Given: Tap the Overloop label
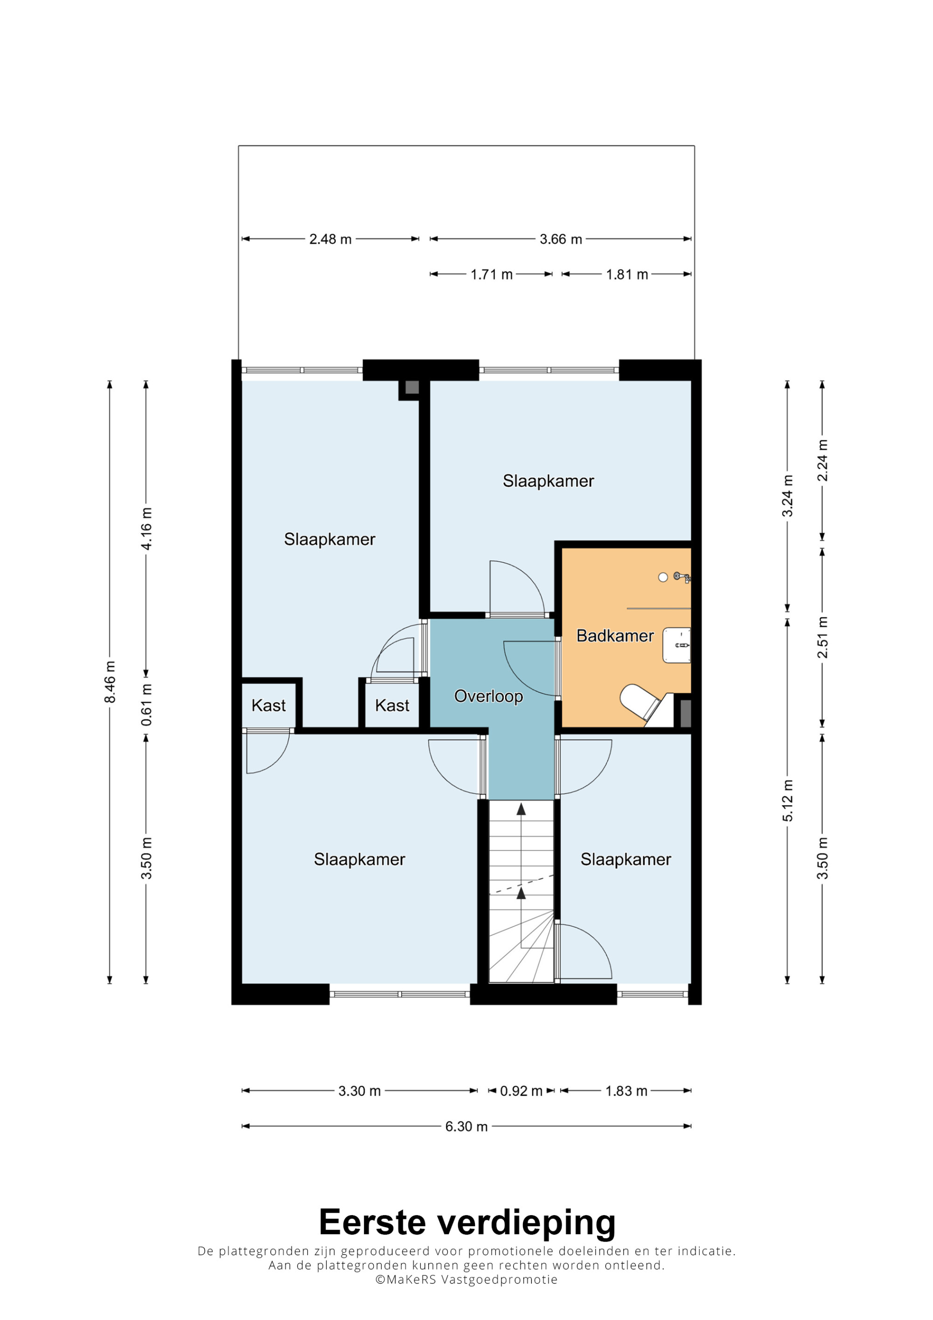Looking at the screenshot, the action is [488, 697].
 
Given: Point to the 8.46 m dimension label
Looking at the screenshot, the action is [110, 682].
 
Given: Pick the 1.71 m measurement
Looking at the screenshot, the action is [492, 275].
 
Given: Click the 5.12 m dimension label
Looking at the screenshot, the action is [787, 800].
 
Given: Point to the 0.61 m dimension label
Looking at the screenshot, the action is [146, 705].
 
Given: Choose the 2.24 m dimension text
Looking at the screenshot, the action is [822, 460].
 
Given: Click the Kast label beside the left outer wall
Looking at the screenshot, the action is [268, 705].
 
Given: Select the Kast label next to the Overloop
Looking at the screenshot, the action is [392, 705].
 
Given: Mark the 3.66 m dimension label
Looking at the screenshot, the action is [560, 239].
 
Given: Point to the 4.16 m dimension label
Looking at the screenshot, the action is [146, 528].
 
